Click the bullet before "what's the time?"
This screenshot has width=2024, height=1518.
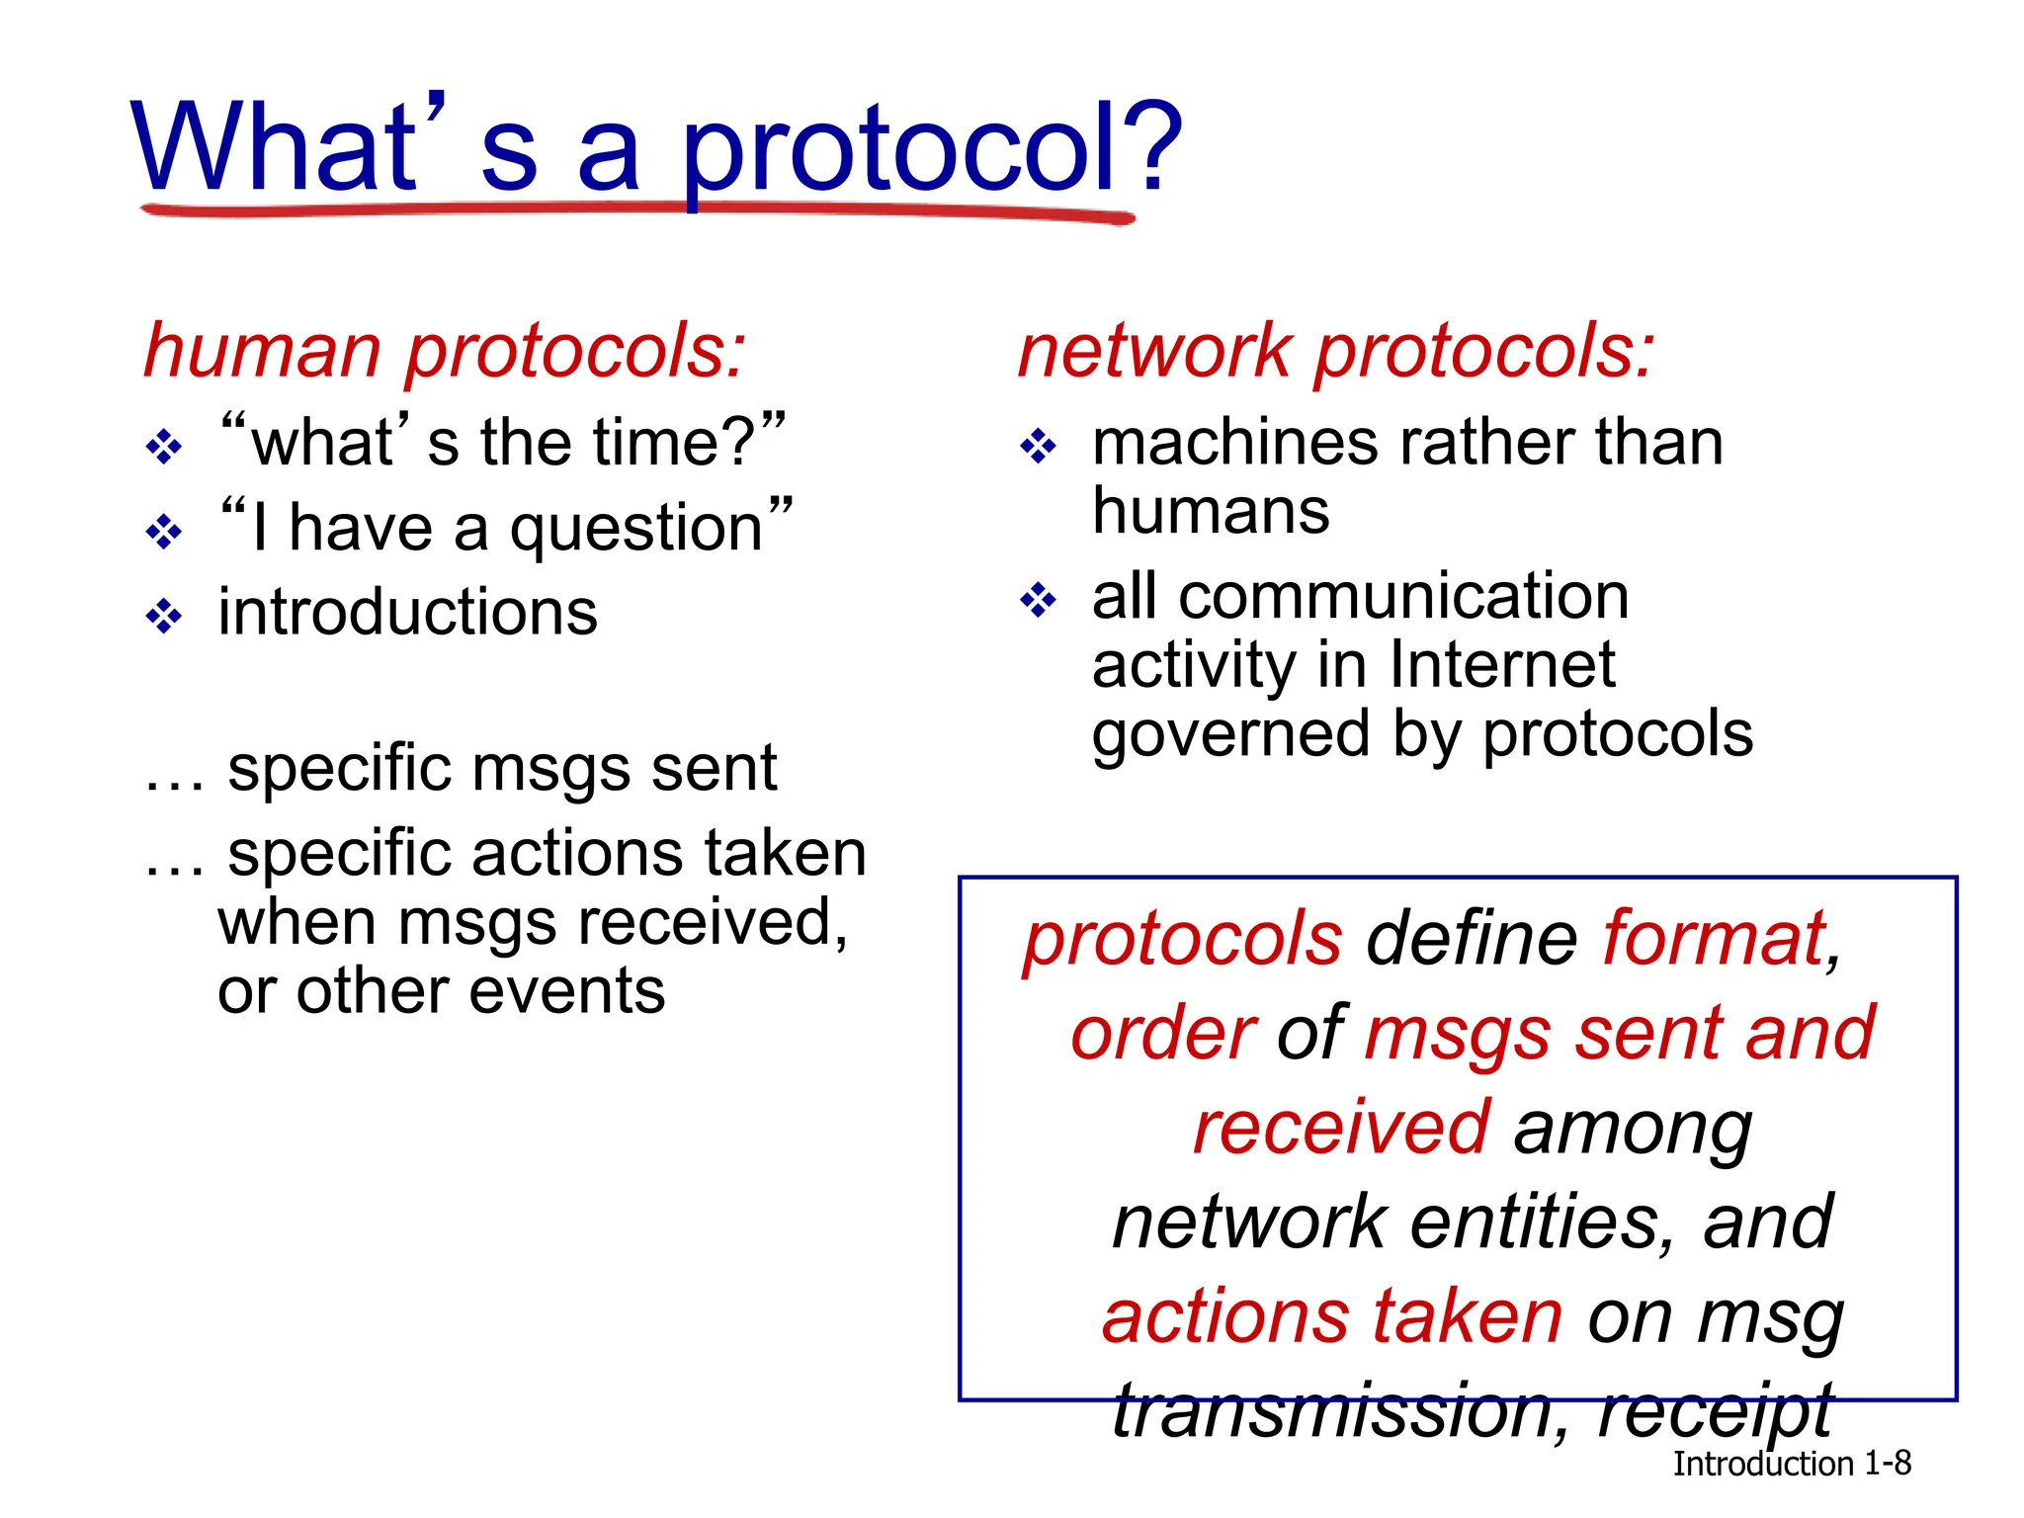point(164,448)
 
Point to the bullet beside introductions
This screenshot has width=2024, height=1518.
point(164,618)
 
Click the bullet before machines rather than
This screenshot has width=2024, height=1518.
point(1038,448)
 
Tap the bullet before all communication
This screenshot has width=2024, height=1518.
point(1038,600)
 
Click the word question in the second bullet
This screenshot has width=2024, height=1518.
point(636,530)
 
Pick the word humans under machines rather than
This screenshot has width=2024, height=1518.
point(1211,512)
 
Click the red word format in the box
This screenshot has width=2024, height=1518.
point(1714,939)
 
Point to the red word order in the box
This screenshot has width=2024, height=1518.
point(1163,1034)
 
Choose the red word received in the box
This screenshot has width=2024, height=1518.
point(1340,1128)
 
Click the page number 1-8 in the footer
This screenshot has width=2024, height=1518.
point(1887,1464)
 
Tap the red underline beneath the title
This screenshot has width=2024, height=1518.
point(637,211)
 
